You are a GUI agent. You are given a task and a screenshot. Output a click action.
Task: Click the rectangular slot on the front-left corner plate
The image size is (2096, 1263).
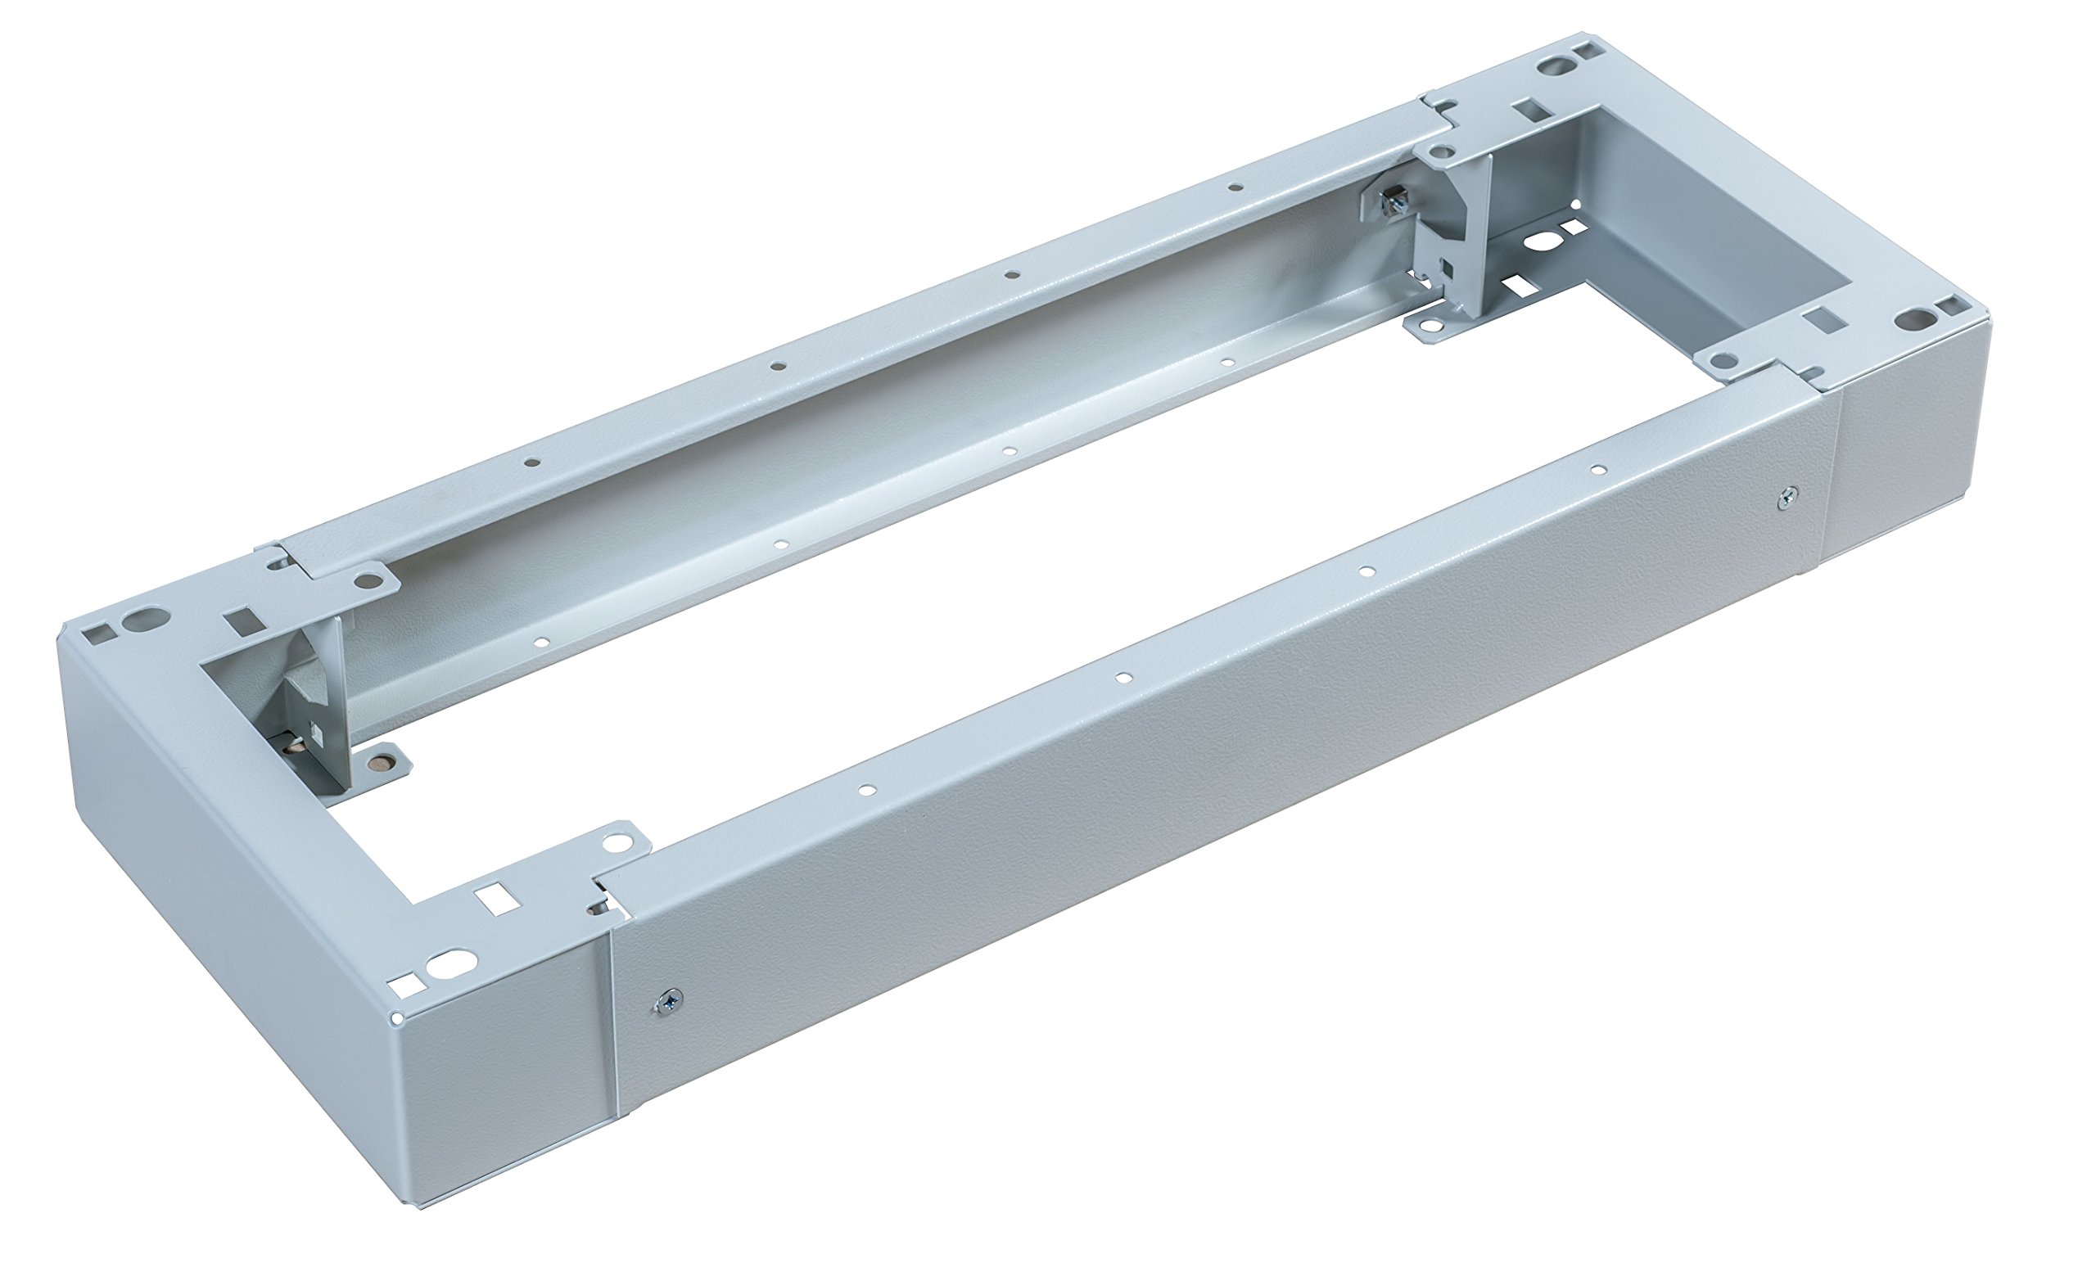pos(490,895)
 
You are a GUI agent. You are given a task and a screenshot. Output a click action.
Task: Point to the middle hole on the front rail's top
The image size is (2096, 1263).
pos(1123,678)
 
